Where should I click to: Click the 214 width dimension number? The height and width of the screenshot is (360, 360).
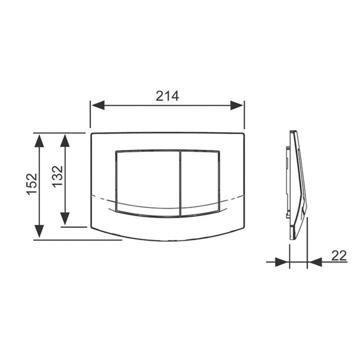coord(167,96)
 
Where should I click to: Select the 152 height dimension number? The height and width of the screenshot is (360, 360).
coord(31,184)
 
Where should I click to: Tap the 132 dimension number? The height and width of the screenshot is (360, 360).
coord(58,176)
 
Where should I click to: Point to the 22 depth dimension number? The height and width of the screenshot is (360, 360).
coord(339,256)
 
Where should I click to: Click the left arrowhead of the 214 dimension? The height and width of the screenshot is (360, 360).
coord(98,105)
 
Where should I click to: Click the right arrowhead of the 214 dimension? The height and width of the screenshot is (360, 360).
coord(237,105)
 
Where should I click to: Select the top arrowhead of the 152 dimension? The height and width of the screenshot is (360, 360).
coord(39,141)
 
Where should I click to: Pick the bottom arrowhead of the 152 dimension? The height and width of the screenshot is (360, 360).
coord(39,231)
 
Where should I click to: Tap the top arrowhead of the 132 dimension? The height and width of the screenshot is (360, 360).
coord(65,140)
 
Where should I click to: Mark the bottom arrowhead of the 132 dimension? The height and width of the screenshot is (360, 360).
coord(65,219)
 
